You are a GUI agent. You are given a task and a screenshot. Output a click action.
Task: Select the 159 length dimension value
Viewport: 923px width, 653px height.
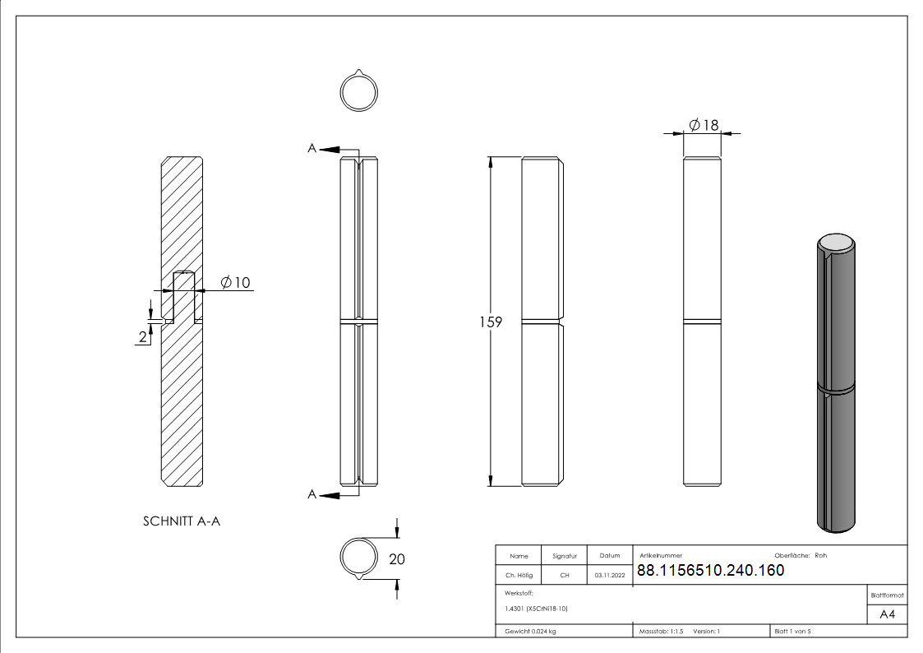coord(491,322)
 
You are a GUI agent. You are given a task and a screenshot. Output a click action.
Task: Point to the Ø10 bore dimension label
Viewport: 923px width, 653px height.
coord(235,284)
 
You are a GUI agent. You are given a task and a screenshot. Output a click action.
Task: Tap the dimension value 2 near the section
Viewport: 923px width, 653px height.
coord(143,336)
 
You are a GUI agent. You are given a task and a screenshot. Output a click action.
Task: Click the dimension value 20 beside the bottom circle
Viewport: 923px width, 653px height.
coord(396,559)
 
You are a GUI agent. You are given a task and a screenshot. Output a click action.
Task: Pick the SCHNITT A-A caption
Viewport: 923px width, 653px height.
coord(182,521)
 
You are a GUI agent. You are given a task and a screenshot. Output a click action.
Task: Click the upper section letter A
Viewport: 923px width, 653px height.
coord(312,148)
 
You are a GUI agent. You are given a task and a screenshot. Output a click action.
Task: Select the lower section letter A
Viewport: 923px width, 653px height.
coord(312,494)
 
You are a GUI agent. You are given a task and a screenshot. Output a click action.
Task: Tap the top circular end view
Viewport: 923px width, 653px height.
coord(358,92)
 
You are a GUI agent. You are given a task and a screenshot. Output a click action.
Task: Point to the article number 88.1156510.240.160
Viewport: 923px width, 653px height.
coord(710,571)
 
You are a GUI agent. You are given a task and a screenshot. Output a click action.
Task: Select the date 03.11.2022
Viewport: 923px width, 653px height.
coord(610,576)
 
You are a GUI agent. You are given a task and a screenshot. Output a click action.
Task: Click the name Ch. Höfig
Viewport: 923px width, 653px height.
coord(519,576)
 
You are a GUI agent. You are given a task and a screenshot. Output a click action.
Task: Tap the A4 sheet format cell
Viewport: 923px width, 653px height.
coord(887,614)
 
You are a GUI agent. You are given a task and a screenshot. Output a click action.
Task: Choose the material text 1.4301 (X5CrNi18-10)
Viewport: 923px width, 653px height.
coord(536,609)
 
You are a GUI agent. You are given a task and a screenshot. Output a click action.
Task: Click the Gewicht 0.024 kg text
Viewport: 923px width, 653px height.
coord(530,632)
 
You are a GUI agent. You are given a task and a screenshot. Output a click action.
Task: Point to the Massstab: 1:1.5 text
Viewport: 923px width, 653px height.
coord(662,632)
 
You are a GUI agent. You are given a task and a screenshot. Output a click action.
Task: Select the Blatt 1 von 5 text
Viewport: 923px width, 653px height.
coord(792,632)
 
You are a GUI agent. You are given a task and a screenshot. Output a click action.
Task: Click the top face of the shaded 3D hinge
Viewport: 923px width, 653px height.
coord(838,242)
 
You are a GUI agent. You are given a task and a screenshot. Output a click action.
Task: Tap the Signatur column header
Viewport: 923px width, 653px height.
coord(565,556)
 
